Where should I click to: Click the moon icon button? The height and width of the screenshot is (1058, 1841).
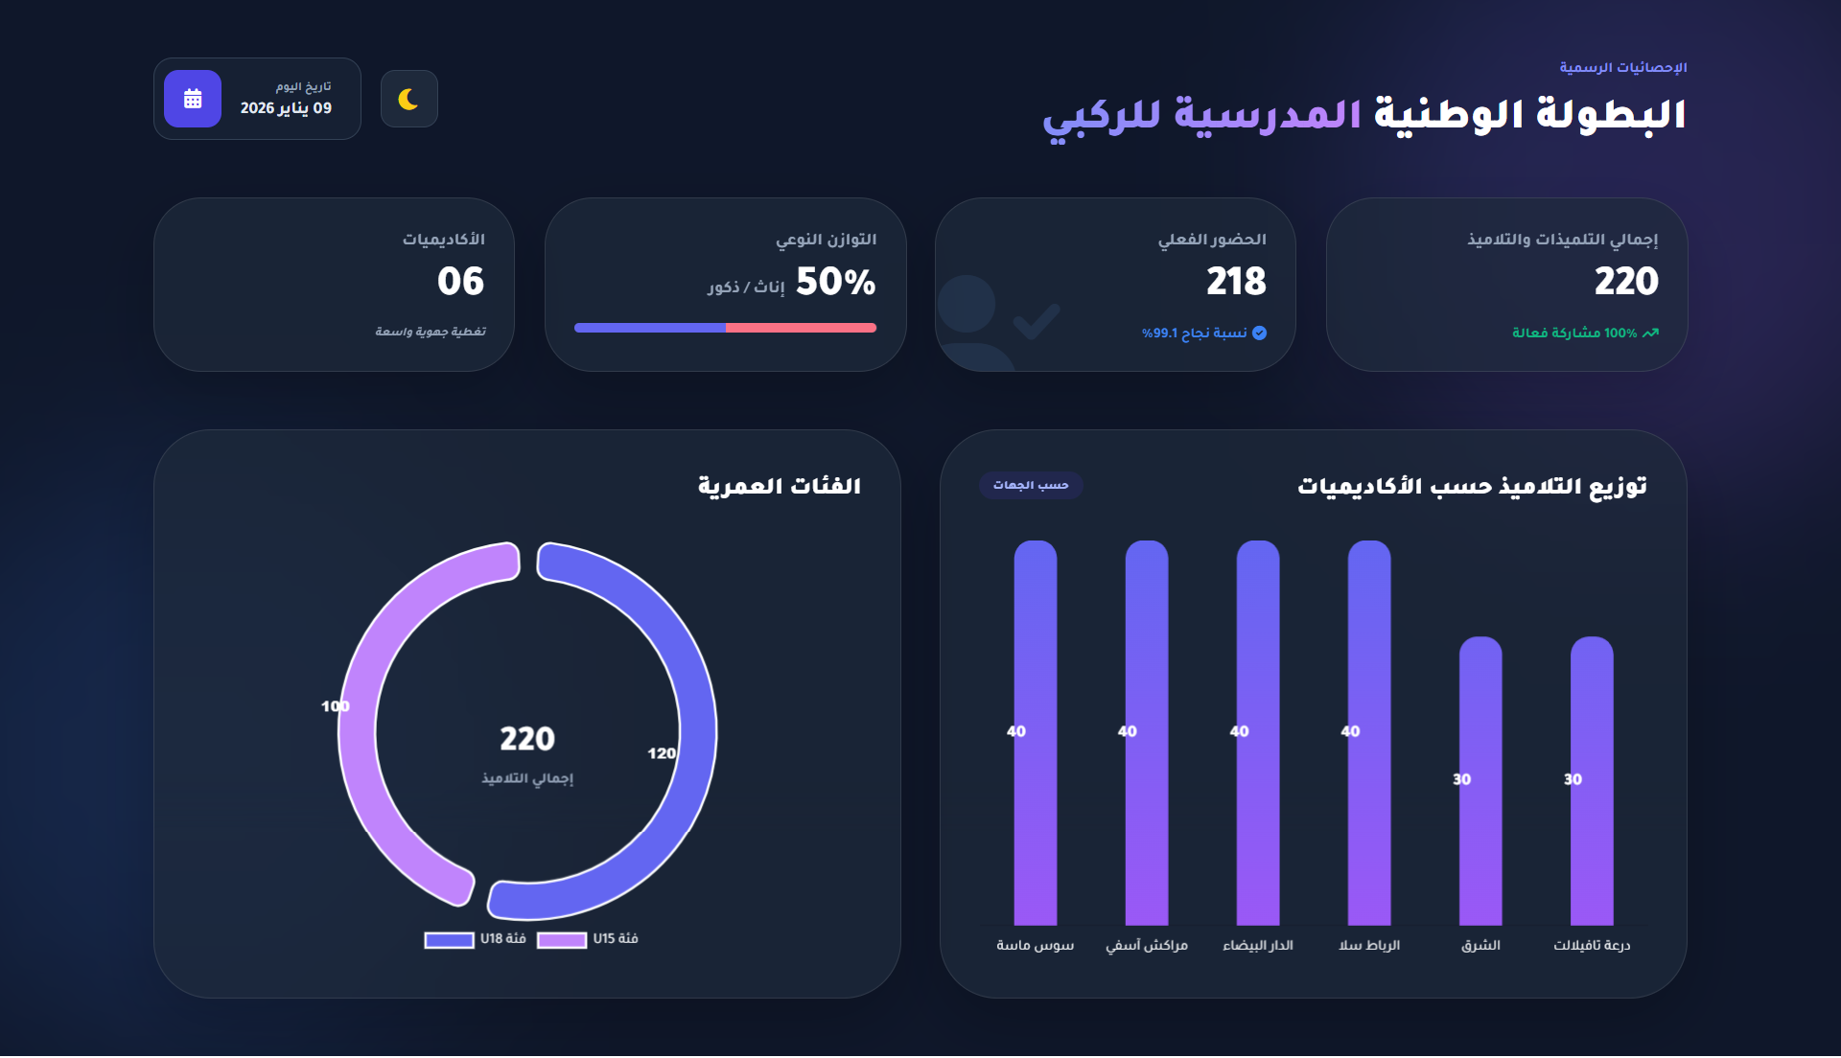pos(409,99)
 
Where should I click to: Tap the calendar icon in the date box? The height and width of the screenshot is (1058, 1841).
pos(193,99)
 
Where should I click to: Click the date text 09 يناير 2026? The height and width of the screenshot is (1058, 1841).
pos(286,108)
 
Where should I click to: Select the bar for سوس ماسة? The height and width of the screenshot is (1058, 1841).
pos(1036,733)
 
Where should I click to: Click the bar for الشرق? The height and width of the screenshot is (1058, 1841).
pos(1480,781)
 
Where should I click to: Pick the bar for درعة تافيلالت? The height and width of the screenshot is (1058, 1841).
pos(1592,781)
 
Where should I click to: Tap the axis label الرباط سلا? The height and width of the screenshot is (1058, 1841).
pos(1369,946)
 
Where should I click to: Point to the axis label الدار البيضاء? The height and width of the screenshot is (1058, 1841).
pos(1258,946)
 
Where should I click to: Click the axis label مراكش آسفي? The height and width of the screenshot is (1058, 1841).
pos(1147,946)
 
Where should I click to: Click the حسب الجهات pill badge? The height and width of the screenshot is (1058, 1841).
pos(1031,485)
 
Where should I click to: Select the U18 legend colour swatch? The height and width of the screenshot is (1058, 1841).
pos(450,940)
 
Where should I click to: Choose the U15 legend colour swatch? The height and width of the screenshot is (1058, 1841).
pos(562,940)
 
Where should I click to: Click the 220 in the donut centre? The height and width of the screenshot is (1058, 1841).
pos(527,739)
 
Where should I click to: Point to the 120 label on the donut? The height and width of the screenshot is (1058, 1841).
pos(662,753)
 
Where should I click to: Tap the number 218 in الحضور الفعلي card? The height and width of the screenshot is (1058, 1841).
pos(1236,282)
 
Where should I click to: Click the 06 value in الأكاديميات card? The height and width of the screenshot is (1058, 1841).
pos(460,282)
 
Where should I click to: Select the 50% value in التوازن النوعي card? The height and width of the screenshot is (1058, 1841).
pos(835,282)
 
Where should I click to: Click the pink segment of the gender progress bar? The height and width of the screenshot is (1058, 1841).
pos(801,328)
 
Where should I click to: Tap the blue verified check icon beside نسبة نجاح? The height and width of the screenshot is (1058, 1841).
pos(1260,333)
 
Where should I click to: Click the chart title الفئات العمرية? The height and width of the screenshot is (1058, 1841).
pos(779,486)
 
